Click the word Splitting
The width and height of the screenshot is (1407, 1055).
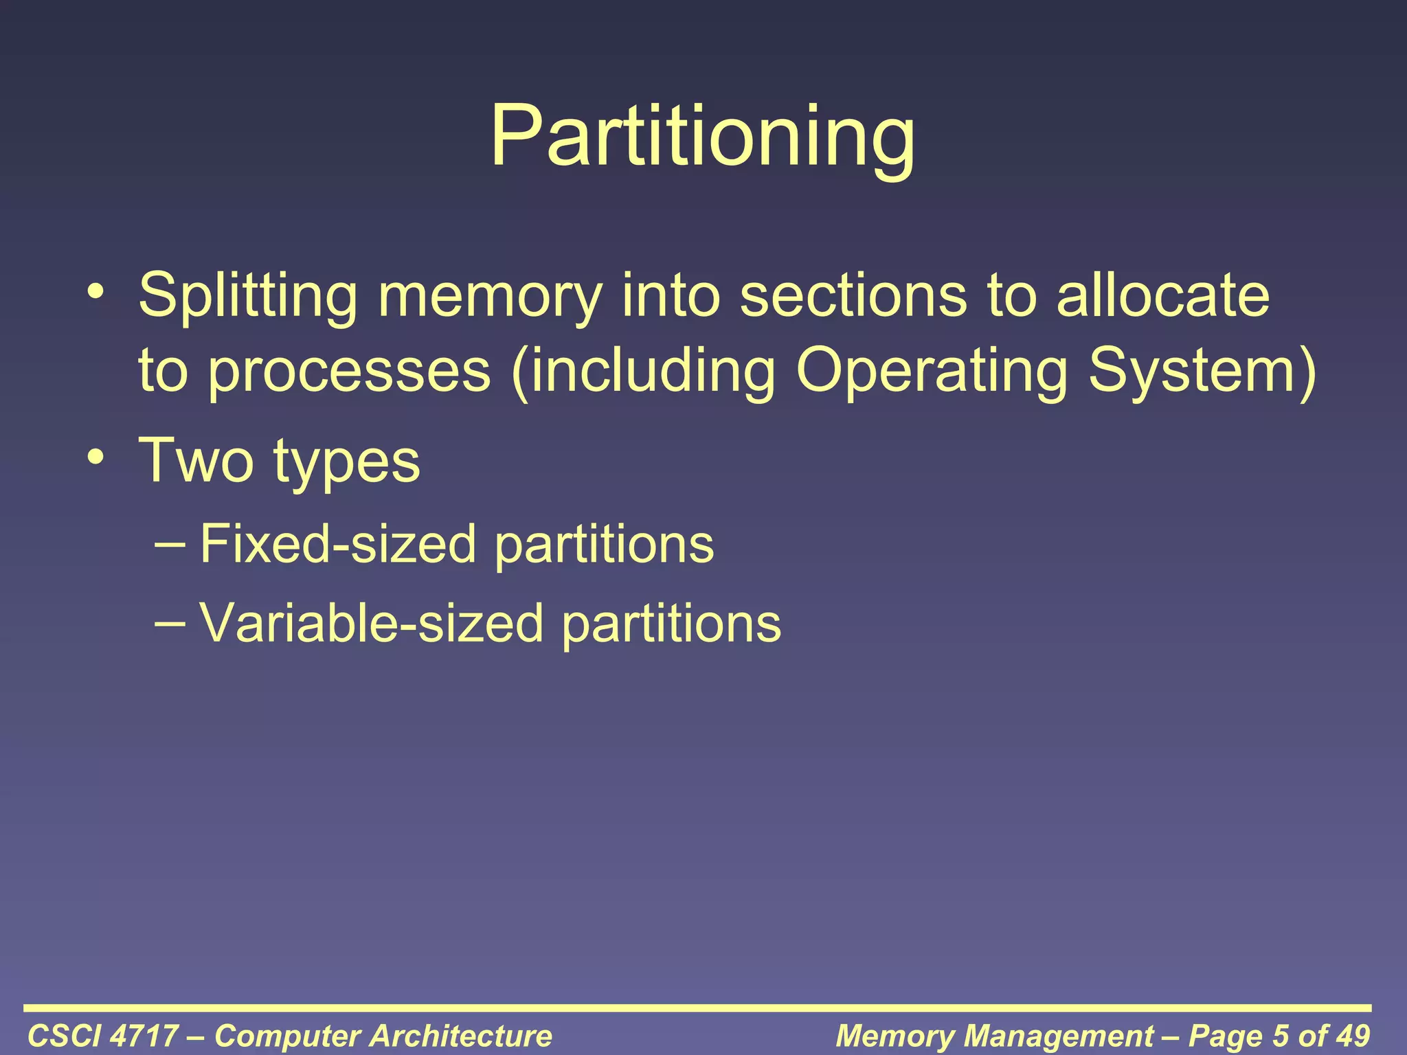coord(247,296)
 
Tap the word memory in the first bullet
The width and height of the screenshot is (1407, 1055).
coord(490,296)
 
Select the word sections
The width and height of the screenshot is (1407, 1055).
coord(853,296)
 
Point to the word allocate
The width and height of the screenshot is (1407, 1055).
coord(1162,296)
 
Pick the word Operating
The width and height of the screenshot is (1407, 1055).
coord(932,372)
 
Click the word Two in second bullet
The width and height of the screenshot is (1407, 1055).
coord(196,460)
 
